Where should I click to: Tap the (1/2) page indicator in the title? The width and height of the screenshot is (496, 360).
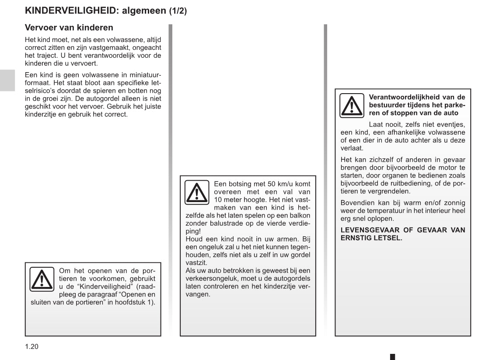click(x=178, y=11)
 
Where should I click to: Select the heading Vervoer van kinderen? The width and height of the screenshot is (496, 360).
click(x=69, y=28)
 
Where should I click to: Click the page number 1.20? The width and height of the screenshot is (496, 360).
click(x=31, y=347)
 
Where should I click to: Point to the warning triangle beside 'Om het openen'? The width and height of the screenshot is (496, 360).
click(x=42, y=279)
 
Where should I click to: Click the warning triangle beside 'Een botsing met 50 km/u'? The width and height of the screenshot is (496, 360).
click(x=196, y=192)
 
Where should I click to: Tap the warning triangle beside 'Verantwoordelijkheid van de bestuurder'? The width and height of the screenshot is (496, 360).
click(x=352, y=105)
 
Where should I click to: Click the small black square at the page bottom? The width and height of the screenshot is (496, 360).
click(x=392, y=357)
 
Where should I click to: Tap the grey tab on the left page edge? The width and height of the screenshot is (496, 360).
click(x=7, y=80)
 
